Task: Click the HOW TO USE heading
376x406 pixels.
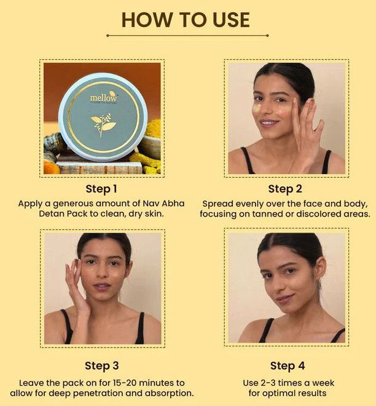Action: (x=186, y=20)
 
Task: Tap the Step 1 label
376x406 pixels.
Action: (x=101, y=189)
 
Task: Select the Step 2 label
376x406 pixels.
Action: (x=285, y=189)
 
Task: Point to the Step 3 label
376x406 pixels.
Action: (x=101, y=366)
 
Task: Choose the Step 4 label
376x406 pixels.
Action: (x=288, y=366)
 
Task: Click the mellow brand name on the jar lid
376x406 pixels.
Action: (x=103, y=98)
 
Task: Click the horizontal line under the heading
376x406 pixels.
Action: (x=187, y=36)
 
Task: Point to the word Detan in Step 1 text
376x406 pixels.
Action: (x=50, y=214)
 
